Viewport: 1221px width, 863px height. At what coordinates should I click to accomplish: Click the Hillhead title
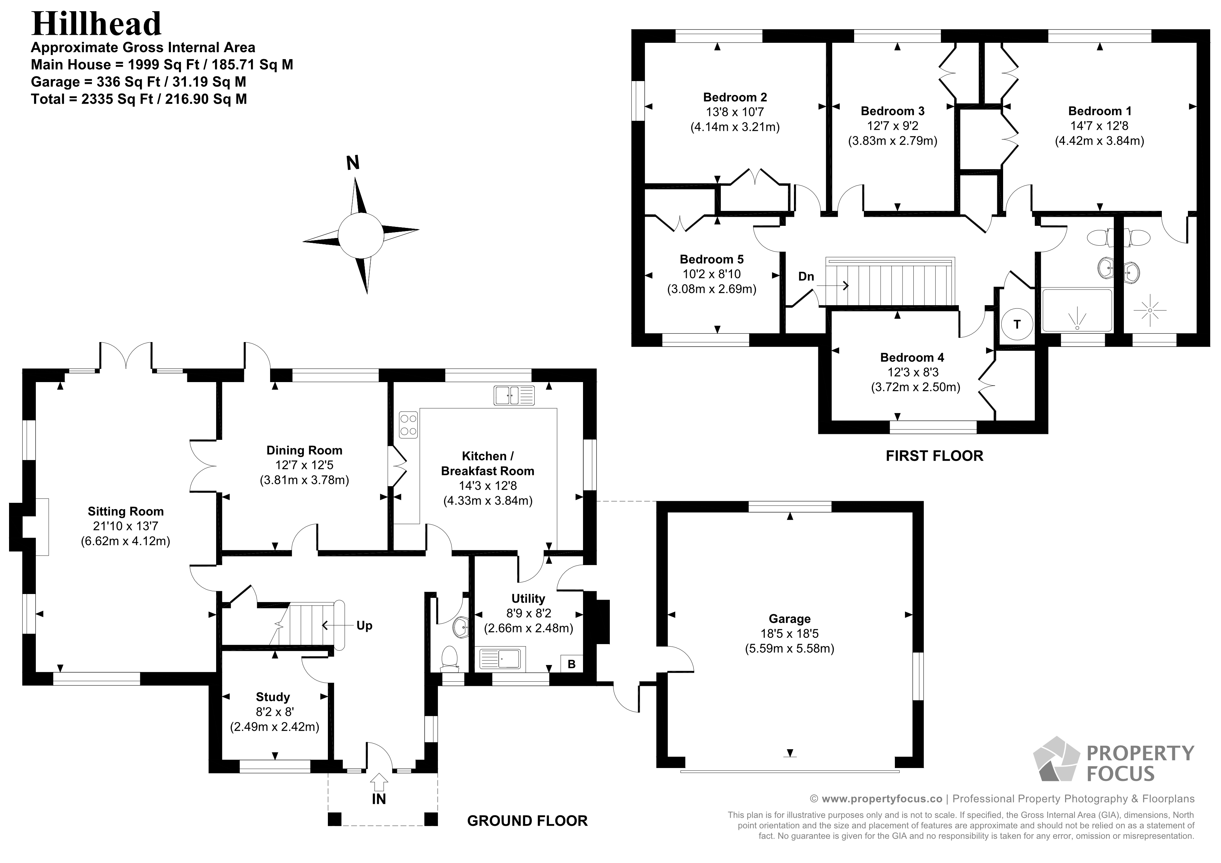point(96,23)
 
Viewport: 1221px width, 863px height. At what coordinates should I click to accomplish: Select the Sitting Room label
point(126,512)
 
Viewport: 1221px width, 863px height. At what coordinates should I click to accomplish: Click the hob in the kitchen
point(408,425)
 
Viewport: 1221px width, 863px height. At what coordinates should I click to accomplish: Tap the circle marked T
point(1017,324)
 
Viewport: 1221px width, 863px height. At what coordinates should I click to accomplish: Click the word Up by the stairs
point(364,625)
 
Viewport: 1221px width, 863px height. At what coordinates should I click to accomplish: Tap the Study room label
point(273,697)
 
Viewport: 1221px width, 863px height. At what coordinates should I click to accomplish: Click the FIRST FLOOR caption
point(934,456)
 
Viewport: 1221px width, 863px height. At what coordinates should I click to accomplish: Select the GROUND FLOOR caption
point(527,821)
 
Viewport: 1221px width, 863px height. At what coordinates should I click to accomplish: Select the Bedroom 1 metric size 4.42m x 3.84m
point(1099,141)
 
